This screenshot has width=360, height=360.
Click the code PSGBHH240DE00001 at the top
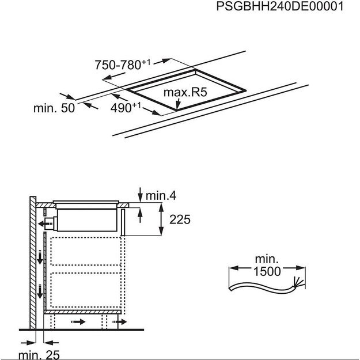[280, 7]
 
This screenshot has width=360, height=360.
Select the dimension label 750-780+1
[118, 65]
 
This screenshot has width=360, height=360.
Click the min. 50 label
[54, 108]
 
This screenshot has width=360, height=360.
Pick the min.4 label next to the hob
[160, 196]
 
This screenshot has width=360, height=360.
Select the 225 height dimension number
[179, 219]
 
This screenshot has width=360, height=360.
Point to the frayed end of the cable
[298, 282]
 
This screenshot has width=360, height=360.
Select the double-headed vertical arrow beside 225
[160, 219]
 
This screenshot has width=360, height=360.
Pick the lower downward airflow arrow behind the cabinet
[40, 294]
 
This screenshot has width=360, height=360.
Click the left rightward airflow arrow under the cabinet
[77, 321]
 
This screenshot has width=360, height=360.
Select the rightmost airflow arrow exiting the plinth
[122, 321]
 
